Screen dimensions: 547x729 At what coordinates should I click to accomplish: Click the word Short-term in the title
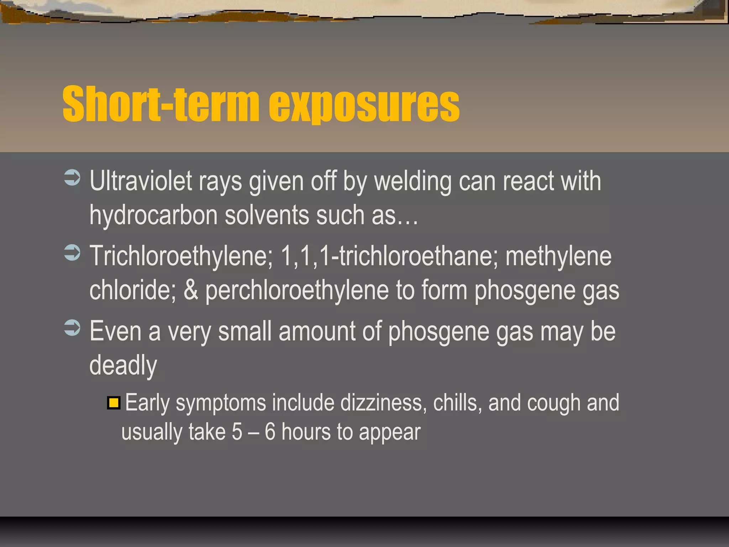tap(160, 104)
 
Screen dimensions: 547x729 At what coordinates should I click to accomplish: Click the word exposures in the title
tap(364, 105)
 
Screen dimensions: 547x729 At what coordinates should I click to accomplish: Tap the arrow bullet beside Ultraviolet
tap(72, 178)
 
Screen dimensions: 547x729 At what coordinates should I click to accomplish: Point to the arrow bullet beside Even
tap(72, 328)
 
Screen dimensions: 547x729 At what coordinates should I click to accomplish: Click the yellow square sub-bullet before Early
tap(114, 403)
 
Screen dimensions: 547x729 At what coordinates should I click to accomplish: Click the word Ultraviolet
tap(141, 181)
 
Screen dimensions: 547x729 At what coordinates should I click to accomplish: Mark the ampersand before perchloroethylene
tap(191, 290)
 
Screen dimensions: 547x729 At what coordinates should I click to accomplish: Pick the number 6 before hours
tap(270, 432)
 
